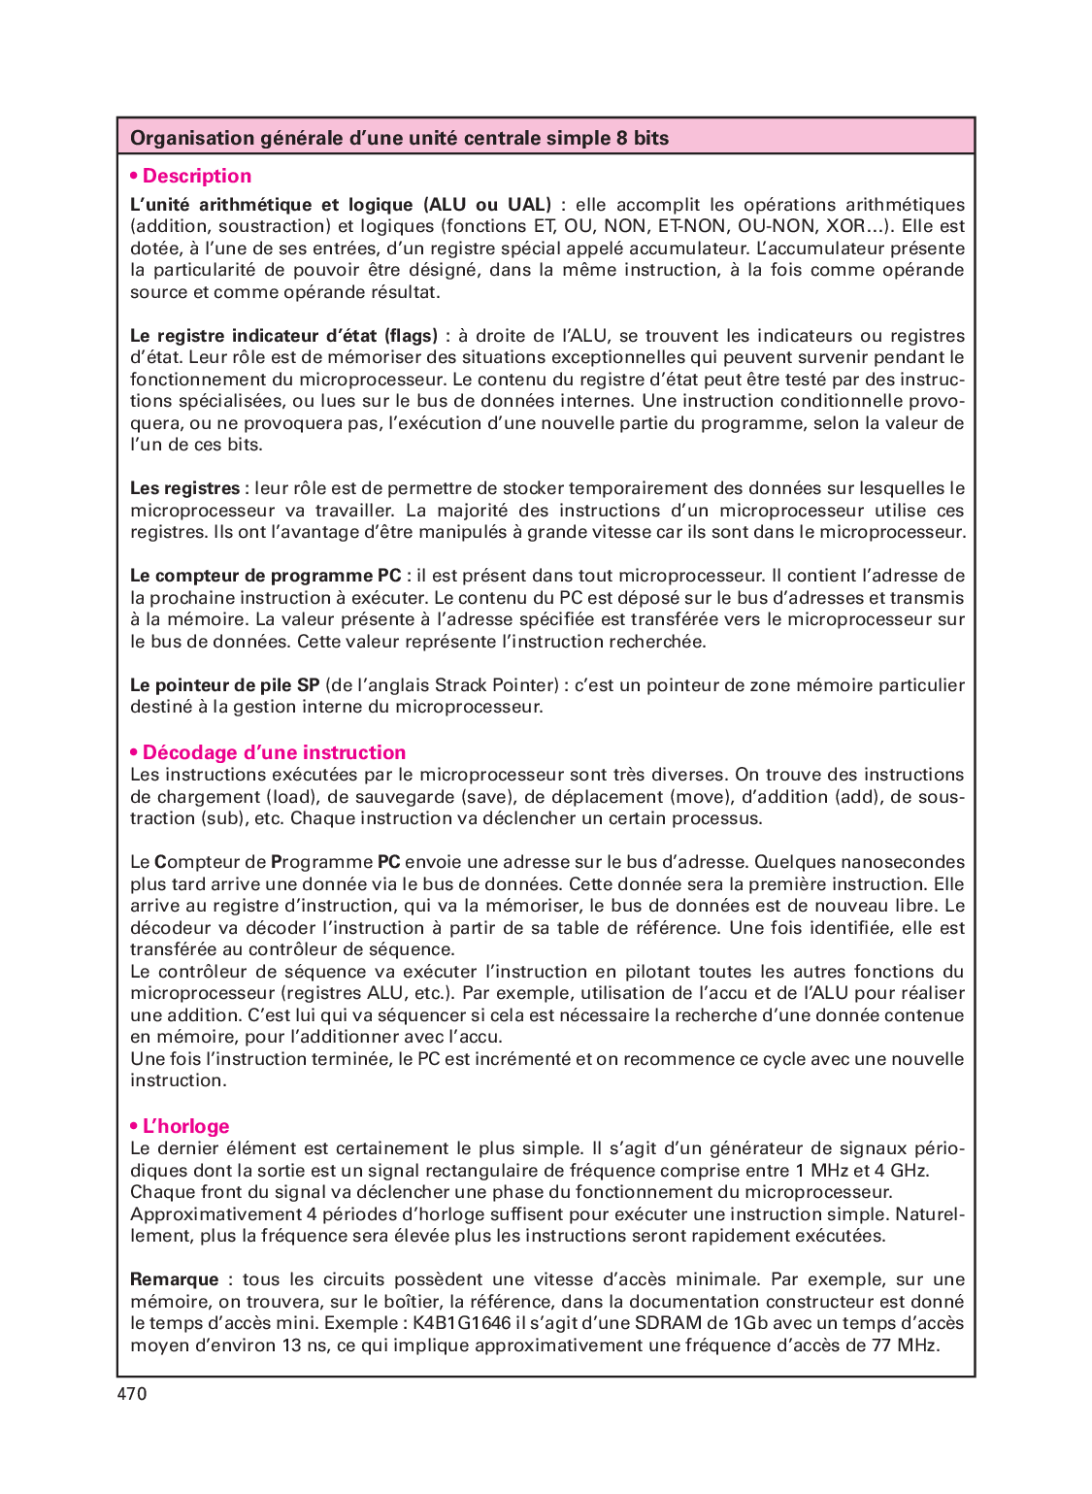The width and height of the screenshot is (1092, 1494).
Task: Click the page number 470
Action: click(x=132, y=1394)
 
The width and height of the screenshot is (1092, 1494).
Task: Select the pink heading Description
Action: click(x=196, y=176)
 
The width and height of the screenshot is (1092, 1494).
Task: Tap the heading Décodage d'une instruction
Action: click(x=274, y=752)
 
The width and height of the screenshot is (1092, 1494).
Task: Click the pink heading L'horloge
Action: click(x=185, y=1126)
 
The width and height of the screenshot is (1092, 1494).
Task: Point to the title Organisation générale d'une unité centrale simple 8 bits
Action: click(x=399, y=138)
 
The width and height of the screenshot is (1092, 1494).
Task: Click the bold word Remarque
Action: click(x=175, y=1279)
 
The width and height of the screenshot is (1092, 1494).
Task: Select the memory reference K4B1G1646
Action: click(x=462, y=1323)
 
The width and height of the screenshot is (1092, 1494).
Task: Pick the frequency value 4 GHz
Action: click(x=903, y=1171)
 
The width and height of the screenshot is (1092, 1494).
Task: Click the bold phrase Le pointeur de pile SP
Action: click(x=225, y=685)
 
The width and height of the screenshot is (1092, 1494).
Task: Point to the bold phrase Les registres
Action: click(x=184, y=488)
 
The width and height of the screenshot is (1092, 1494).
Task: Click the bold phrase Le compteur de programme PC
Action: click(x=265, y=576)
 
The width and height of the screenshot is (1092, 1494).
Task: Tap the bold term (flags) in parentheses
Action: click(x=412, y=336)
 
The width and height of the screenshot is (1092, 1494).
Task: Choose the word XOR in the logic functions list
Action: click(x=844, y=226)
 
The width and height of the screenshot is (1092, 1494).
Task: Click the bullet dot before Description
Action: click(x=134, y=176)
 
